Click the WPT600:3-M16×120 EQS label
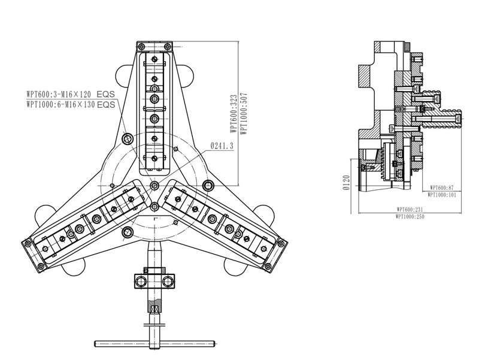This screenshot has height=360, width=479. tap(71, 93)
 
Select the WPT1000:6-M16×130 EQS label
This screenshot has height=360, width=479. tap(71, 104)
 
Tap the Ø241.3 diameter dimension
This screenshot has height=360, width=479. tap(222, 146)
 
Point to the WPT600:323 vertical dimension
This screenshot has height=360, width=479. tap(234, 113)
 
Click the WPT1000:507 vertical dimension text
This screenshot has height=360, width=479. tap(244, 113)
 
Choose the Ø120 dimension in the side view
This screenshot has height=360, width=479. tap(346, 183)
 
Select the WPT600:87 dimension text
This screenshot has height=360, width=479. tap(442, 187)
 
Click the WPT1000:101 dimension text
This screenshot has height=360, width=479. tap(442, 195)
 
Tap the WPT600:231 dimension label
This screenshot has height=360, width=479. tap(410, 210)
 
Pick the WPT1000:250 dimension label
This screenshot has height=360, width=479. tap(410, 217)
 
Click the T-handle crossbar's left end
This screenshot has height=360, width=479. tap(95, 343)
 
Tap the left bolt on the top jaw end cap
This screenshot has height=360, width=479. tap(141, 47)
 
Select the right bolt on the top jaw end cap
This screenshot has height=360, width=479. tap(167, 47)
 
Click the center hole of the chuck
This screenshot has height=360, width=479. tap(154, 185)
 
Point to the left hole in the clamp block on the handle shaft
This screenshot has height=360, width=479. tap(141, 281)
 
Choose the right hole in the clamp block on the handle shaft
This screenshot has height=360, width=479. tap(168, 281)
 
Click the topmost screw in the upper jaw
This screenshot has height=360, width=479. tap(154, 59)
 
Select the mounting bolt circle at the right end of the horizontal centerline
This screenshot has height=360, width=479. tap(208, 185)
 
